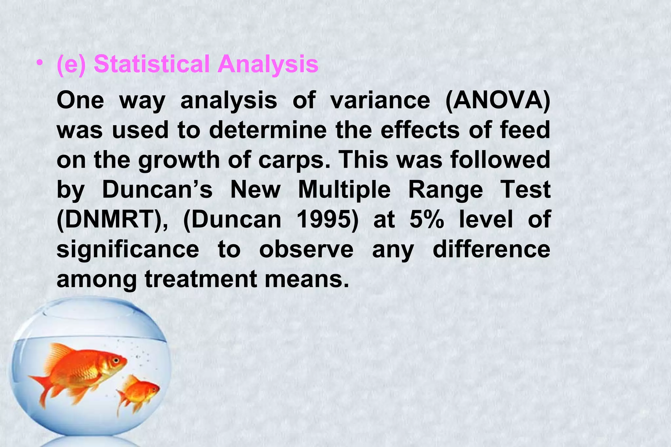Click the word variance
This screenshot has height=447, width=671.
click(x=380, y=101)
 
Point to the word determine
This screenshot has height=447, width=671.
click(x=268, y=130)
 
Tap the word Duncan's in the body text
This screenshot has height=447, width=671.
click(x=158, y=190)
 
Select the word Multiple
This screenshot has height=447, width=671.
click(x=344, y=190)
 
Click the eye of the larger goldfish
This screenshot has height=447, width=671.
click(x=116, y=360)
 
